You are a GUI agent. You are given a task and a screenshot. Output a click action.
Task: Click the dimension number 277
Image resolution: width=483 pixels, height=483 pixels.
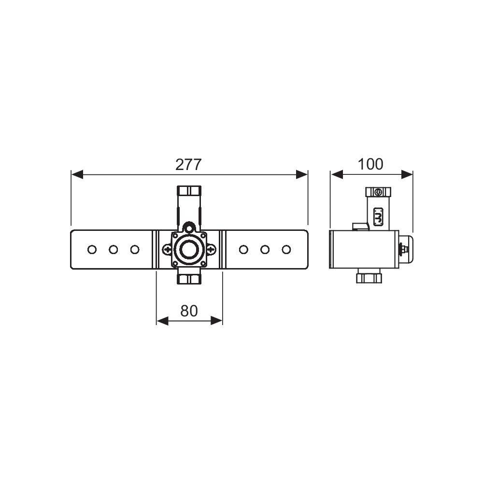click(x=188, y=165)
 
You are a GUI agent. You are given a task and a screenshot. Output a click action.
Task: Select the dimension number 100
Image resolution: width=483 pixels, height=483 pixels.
click(x=370, y=164)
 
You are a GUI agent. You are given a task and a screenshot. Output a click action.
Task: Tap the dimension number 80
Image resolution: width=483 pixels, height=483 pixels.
click(x=189, y=311)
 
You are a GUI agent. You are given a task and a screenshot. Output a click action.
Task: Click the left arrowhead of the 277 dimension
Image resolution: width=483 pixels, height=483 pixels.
click(x=77, y=174)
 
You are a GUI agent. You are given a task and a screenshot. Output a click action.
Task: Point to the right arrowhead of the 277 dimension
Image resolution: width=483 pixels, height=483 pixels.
click(x=302, y=174)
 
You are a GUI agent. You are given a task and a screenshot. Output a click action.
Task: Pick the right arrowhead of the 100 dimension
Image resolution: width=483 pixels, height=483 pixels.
click(x=407, y=174)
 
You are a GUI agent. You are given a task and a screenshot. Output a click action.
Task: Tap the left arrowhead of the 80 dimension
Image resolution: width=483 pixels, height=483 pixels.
click(x=162, y=321)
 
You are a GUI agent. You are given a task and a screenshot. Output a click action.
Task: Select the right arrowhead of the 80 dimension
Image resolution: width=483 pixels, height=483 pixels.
click(x=216, y=321)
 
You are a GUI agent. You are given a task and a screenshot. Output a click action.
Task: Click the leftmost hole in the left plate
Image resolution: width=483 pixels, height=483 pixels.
click(x=92, y=250)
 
